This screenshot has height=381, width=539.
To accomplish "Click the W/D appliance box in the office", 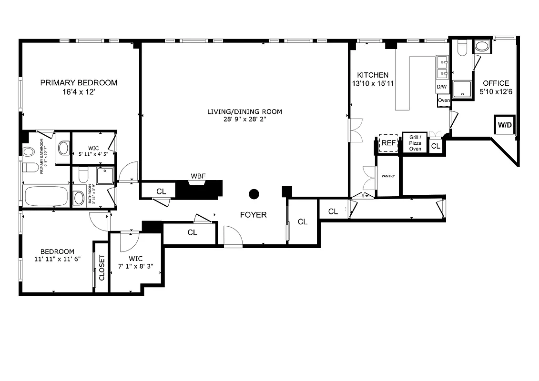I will pyautogui.click(x=505, y=125).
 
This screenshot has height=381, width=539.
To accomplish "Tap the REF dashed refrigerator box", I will pyautogui.click(x=388, y=143).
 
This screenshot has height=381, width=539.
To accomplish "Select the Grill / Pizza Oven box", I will pyautogui.click(x=415, y=143).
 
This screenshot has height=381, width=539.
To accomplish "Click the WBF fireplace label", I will pyautogui.click(x=198, y=176).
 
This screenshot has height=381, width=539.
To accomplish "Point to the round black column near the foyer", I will pyautogui.click(x=254, y=194).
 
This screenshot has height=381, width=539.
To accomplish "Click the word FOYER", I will pyautogui.click(x=253, y=215).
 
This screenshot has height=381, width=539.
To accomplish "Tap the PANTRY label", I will pyautogui.click(x=388, y=176).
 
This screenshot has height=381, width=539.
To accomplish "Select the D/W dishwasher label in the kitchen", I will pyautogui.click(x=442, y=87).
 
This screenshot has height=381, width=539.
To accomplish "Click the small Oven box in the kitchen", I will pyautogui.click(x=444, y=100).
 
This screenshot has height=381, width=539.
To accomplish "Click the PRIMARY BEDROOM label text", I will pyautogui.click(x=79, y=83).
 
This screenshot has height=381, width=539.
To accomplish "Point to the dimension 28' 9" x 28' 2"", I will pyautogui.click(x=244, y=120).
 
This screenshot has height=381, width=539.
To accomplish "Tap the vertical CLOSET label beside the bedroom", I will pyautogui.click(x=101, y=268).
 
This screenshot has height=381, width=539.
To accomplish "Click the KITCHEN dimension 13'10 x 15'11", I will pyautogui.click(x=373, y=83).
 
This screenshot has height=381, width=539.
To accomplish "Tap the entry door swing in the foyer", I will pyautogui.click(x=233, y=237).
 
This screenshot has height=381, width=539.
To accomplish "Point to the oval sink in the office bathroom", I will pyautogui.click(x=482, y=47).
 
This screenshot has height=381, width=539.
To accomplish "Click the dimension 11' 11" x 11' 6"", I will pyautogui.click(x=57, y=260).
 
